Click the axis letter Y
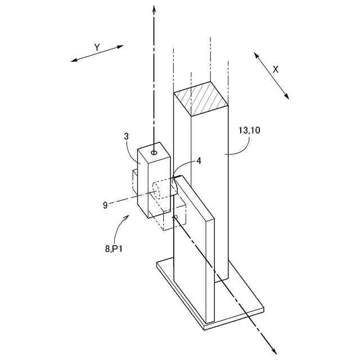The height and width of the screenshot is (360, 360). pos(96,48)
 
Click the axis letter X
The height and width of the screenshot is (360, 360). pos(276,69)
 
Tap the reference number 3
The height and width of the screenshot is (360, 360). pos(127,137)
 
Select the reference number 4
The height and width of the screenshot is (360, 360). pos(199,160)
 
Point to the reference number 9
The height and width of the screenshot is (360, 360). pos(105,205)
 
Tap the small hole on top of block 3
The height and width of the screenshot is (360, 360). pos(154,152)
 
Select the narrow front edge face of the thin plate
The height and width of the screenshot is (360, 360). pos(209,270)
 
